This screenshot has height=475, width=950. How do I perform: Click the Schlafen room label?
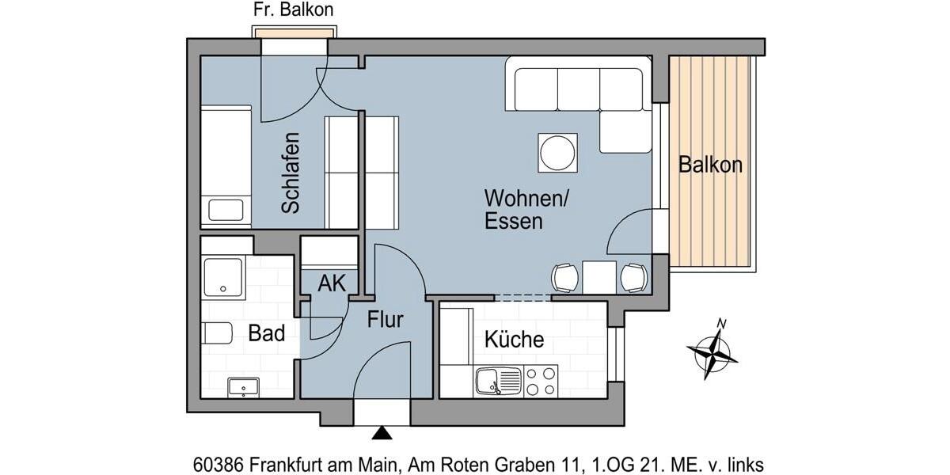[x=291, y=173]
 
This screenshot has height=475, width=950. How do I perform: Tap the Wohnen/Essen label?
[x=525, y=209]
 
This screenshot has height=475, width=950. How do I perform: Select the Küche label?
[x=514, y=340]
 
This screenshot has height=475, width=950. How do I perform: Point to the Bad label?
[x=266, y=333]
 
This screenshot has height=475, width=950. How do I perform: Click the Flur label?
[x=386, y=320]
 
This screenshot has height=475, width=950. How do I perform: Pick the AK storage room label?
[x=332, y=283]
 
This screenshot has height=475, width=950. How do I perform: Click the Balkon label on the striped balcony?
[x=710, y=165]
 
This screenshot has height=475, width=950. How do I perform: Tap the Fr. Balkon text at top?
[x=293, y=10]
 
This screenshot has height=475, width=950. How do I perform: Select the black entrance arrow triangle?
[x=382, y=433]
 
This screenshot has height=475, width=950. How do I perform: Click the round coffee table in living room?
[x=558, y=152]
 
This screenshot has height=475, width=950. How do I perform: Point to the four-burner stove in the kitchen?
[x=541, y=382]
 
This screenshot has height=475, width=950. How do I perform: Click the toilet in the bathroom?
[x=215, y=334]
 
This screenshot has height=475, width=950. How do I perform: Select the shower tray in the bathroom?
[x=223, y=276]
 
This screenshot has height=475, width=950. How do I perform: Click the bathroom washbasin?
[x=243, y=387]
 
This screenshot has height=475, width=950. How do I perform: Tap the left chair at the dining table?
[x=565, y=277]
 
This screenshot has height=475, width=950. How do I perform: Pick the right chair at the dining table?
[x=633, y=277]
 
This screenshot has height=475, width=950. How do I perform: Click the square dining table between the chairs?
[x=599, y=276]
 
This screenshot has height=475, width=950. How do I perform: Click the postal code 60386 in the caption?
[x=218, y=463]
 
